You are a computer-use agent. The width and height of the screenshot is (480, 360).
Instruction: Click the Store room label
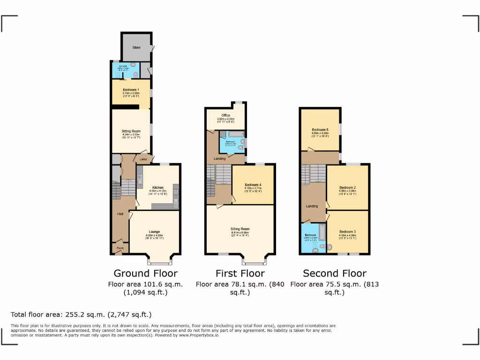(136, 47)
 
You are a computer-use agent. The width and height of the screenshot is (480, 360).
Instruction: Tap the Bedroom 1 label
(131, 90)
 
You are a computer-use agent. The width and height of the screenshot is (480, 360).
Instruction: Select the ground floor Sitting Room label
(131, 131)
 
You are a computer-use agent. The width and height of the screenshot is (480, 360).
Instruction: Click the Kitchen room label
(157, 187)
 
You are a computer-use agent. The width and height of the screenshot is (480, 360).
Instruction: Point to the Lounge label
(154, 232)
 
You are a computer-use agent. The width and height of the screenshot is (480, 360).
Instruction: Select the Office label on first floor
(225, 115)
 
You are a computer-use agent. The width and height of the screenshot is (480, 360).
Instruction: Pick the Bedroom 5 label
(320, 129)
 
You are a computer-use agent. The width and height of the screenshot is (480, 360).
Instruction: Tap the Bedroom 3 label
(348, 232)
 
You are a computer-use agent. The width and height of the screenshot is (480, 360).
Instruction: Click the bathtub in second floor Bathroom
(322, 232)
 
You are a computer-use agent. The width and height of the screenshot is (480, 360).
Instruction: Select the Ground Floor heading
(145, 273)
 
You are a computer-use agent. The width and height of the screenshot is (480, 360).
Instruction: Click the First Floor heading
(240, 273)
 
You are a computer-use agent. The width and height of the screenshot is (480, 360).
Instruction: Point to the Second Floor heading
(334, 273)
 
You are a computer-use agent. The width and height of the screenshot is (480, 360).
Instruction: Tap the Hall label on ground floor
(120, 214)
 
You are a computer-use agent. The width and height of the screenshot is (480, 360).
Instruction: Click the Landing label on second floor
(312, 206)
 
